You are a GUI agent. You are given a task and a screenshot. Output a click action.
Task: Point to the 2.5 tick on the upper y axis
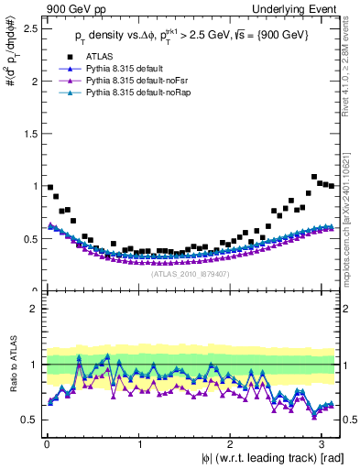pyautogui.click(x=27, y=28)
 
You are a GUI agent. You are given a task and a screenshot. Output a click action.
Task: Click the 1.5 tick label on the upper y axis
pyautogui.click(x=27, y=134)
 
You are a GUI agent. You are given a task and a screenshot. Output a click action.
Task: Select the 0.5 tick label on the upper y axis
pyautogui.click(x=27, y=239)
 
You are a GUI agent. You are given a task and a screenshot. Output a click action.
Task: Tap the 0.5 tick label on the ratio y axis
pyautogui.click(x=27, y=420)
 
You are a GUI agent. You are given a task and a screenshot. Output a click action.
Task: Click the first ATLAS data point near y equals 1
pyautogui.click(x=49, y=187)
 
